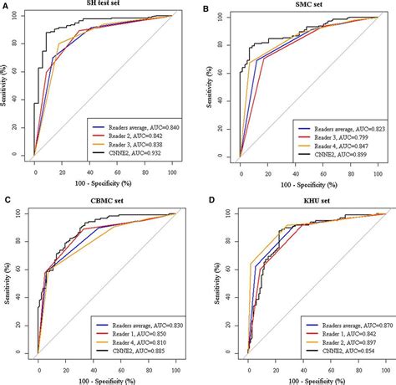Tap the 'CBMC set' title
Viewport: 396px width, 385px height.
(x=103, y=201)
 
